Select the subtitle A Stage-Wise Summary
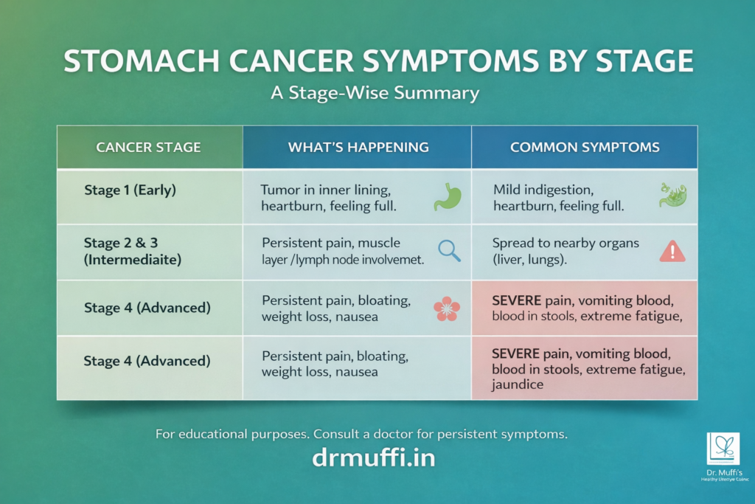click(377, 94)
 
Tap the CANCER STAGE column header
click(148, 147)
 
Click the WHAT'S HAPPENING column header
click(358, 147)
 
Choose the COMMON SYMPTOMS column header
click(585, 147)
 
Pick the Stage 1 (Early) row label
click(131, 190)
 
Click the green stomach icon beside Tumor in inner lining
click(448, 196)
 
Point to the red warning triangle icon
click(672, 252)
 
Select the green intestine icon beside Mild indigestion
click(672, 196)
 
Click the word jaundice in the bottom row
click(518, 384)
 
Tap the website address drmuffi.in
click(374, 458)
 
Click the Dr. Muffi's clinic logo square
click(723, 449)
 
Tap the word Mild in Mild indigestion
click(507, 190)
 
